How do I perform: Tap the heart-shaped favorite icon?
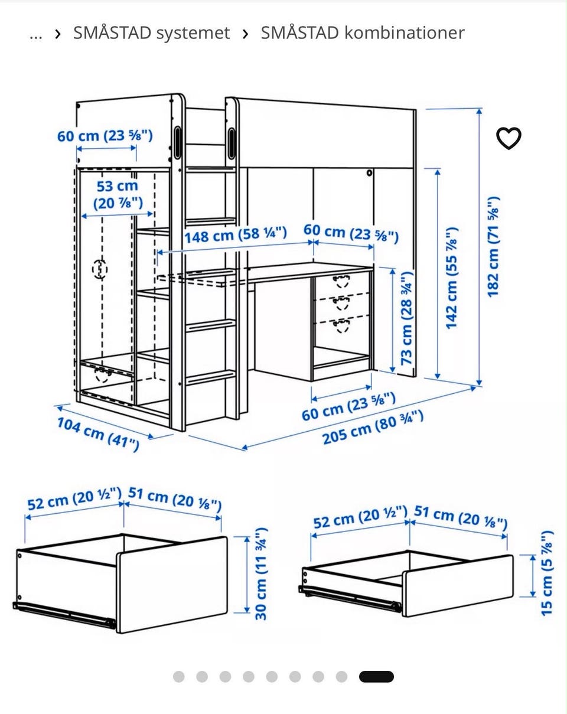pos(509,138)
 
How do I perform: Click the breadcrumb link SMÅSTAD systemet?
pos(151,33)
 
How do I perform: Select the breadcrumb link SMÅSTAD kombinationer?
pos(362,33)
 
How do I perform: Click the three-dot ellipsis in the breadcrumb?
pos(36,36)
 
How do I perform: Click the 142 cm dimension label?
pos(452,278)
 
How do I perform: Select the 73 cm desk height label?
pos(407,318)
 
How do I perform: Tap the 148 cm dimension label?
pos(235,235)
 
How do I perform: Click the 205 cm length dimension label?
pos(373,427)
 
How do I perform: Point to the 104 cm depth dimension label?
pos(98,434)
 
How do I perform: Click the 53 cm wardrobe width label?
pos(118,195)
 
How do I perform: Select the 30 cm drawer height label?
pos(261,574)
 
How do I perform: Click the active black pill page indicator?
pos(376,677)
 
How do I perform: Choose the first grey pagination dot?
pos(179,677)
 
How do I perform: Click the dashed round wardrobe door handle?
pos(100,269)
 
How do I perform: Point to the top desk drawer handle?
pos(341,281)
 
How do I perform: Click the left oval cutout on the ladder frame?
pos(178,143)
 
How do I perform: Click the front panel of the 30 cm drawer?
pos(172,585)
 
